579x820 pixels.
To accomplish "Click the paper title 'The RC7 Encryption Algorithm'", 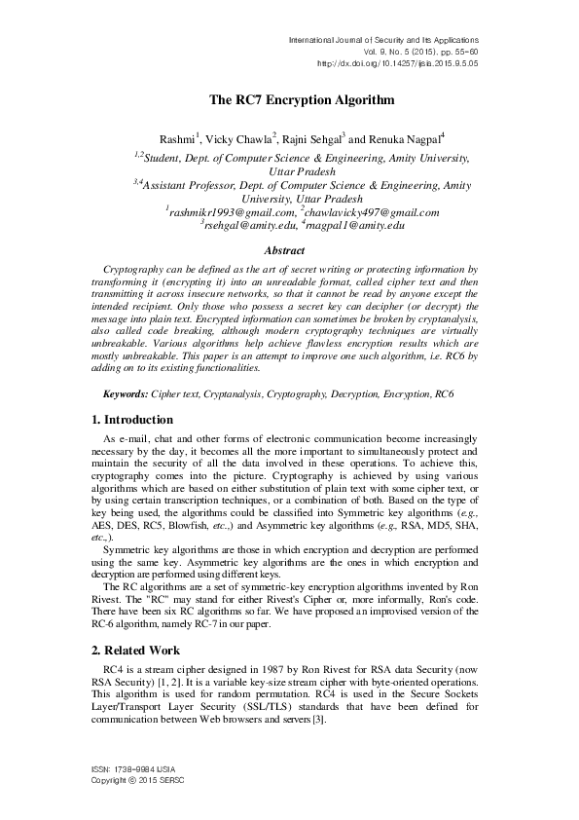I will [x=289, y=99].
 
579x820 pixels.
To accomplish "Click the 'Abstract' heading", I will [x=289, y=250].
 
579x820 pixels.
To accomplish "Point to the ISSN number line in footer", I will [x=132, y=774].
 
